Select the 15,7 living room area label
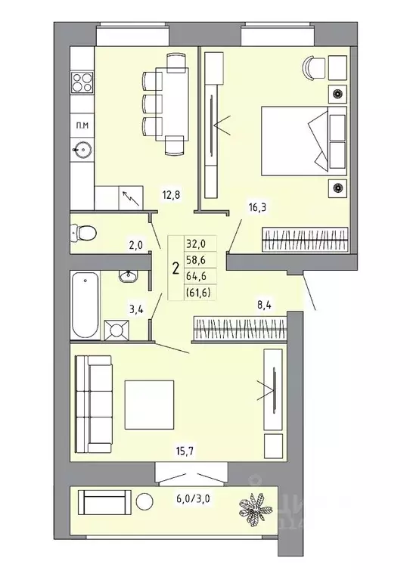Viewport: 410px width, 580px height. [x=186, y=451]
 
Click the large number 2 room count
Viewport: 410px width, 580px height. [x=175, y=268]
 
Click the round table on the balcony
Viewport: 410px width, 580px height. [x=144, y=501]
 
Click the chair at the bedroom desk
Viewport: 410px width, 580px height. [x=312, y=67]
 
